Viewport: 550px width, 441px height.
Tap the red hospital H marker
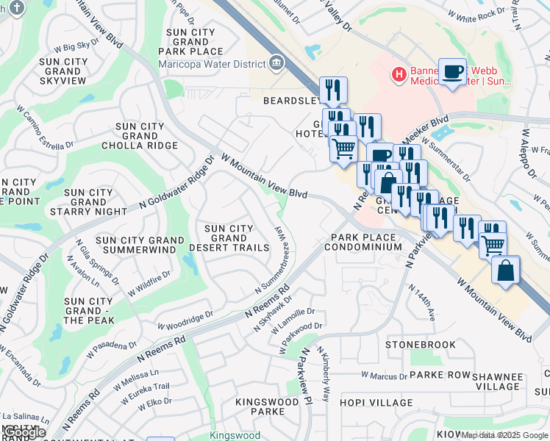(x=399, y=73)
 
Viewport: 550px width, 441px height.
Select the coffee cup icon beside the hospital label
(x=452, y=72)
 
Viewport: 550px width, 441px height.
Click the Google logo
(x=24, y=432)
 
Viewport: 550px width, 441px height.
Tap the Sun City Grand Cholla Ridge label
(x=146, y=136)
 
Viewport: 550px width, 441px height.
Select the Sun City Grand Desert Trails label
(x=229, y=238)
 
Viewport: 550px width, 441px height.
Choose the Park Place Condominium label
(x=366, y=243)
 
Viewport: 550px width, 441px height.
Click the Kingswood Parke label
(x=260, y=406)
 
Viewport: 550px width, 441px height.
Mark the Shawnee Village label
(x=498, y=381)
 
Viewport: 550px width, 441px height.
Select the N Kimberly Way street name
(x=324, y=376)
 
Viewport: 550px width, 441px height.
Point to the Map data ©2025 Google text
(x=504, y=435)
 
